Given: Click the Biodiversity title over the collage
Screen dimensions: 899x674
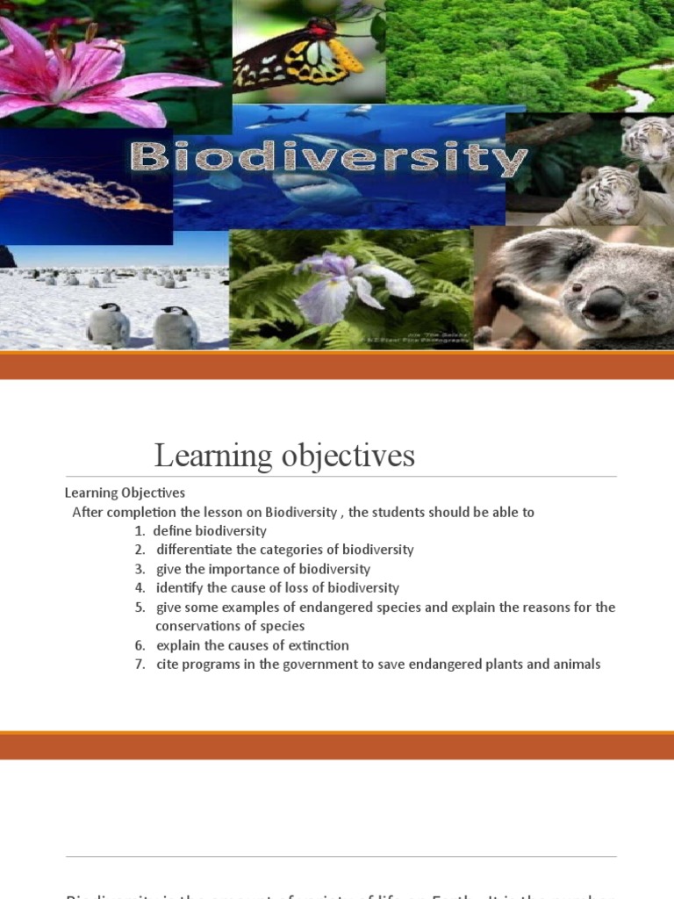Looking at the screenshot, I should click(328, 160).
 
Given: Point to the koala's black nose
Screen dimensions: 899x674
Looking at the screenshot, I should click(604, 303).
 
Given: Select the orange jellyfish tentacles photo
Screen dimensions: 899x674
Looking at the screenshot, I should click(83, 189).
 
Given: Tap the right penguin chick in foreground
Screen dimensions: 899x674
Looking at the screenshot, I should click(176, 327).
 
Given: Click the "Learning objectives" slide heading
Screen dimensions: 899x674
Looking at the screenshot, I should click(284, 456).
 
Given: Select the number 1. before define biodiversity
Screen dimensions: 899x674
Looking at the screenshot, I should click(140, 531).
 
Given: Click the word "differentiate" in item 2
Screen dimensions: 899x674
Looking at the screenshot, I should click(195, 550).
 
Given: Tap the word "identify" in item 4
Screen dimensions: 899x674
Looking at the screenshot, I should click(179, 588).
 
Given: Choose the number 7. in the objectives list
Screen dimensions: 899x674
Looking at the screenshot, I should click(140, 665).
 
